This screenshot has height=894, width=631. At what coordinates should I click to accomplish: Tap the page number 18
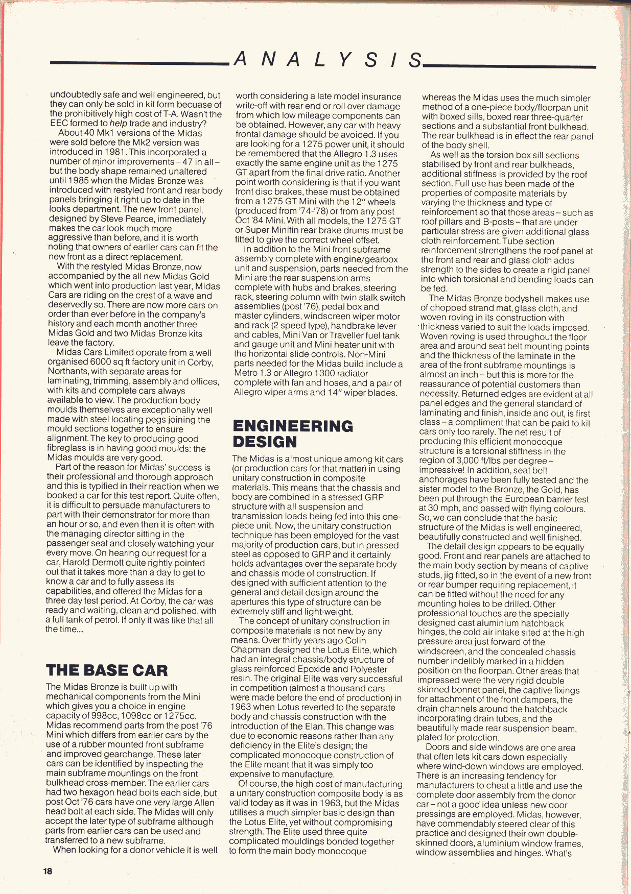[48, 872]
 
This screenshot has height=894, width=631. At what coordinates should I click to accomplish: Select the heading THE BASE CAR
[107, 670]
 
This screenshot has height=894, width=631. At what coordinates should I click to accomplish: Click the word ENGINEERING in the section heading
[293, 426]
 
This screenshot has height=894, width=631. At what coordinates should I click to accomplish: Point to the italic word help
[118, 124]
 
